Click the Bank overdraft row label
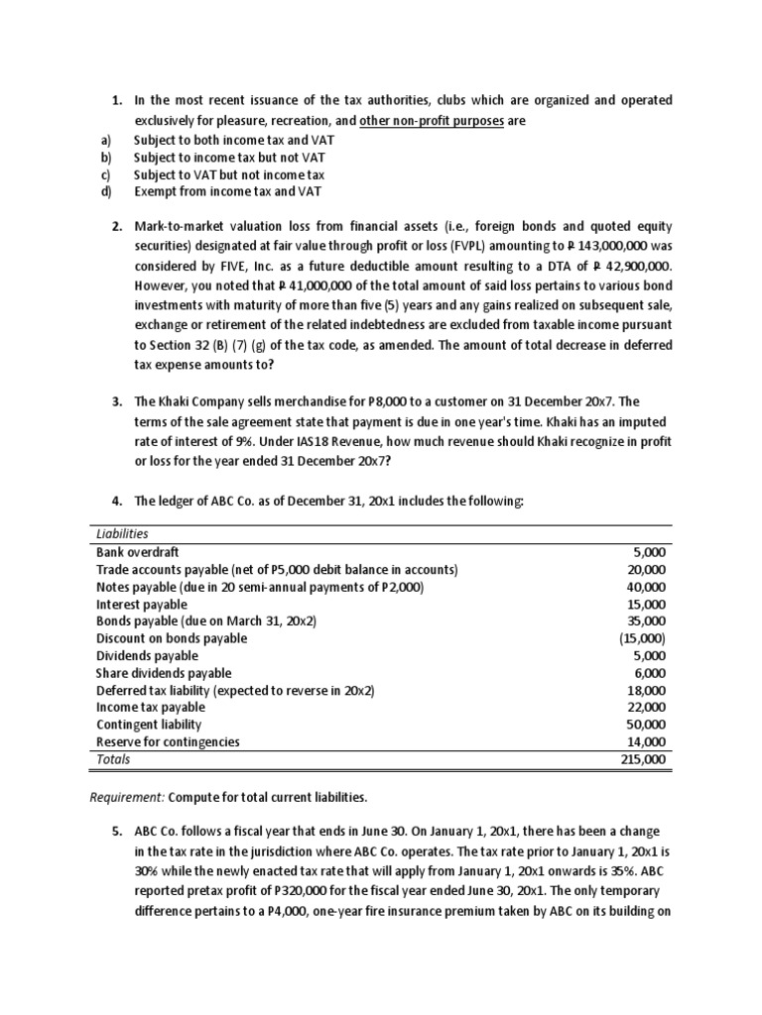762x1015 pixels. [138, 552]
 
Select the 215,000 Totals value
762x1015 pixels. [645, 760]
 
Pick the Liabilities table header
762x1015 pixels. [122, 533]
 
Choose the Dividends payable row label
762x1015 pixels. [147, 656]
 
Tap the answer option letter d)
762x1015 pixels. [106, 191]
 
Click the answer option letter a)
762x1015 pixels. [105, 141]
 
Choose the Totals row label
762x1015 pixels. [113, 760]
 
